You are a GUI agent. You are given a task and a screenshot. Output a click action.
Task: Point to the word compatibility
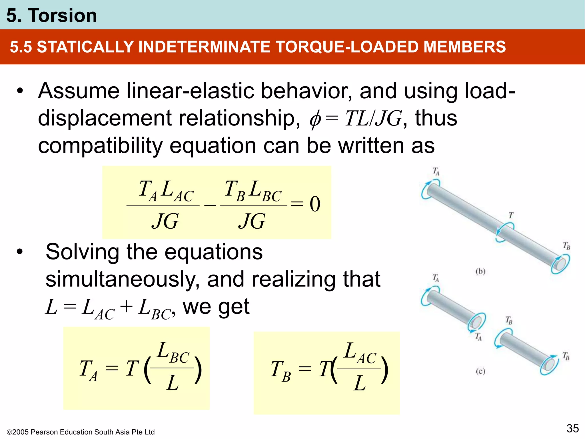[x=100, y=146]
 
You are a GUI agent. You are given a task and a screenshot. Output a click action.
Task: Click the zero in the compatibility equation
[x=315, y=204]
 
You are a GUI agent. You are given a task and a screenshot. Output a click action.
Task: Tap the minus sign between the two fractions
[x=210, y=205]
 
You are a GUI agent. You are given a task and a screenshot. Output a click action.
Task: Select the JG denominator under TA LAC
[x=165, y=221]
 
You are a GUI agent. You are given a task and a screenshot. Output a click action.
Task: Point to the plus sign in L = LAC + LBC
[x=126, y=307]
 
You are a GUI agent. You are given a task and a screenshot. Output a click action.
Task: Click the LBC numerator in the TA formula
[x=174, y=353]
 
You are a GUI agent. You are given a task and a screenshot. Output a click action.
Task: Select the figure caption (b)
[x=480, y=271]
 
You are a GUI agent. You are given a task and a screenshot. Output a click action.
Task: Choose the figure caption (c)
[x=480, y=371]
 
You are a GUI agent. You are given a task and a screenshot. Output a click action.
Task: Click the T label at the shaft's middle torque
[x=511, y=215]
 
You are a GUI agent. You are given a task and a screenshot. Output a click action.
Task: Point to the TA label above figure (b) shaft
[x=436, y=171]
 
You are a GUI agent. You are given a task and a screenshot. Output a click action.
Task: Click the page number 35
[x=572, y=428]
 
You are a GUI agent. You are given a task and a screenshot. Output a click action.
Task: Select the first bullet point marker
[x=19, y=91]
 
